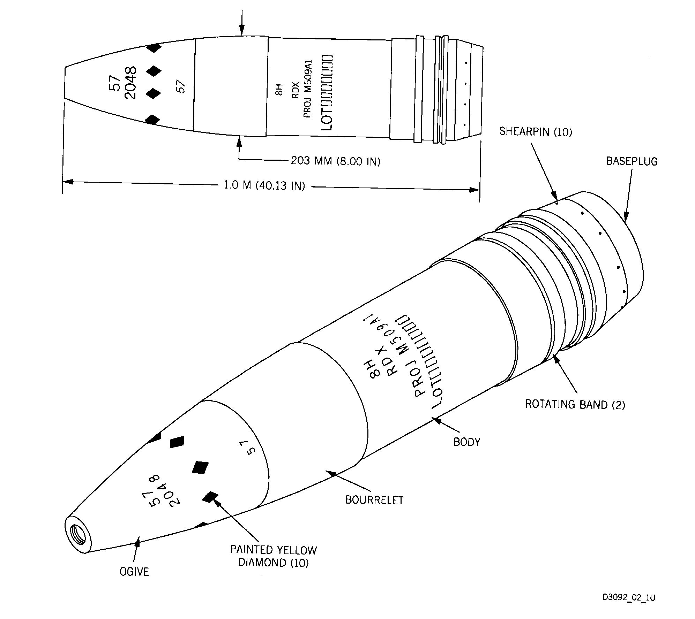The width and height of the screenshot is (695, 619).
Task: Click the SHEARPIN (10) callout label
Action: [536, 132]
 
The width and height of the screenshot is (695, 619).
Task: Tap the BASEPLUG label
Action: [632, 161]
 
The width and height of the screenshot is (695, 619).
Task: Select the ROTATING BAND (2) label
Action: [575, 404]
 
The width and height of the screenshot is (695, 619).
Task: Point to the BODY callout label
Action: [467, 442]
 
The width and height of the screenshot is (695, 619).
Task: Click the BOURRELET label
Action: [374, 500]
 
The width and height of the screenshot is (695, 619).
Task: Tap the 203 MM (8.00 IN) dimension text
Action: [336, 161]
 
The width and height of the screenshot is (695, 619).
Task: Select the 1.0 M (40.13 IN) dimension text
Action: [264, 185]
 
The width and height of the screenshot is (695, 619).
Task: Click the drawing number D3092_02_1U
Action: [629, 598]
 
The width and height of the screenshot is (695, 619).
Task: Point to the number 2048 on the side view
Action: [130, 83]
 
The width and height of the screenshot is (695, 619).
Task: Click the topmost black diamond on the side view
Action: [154, 48]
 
